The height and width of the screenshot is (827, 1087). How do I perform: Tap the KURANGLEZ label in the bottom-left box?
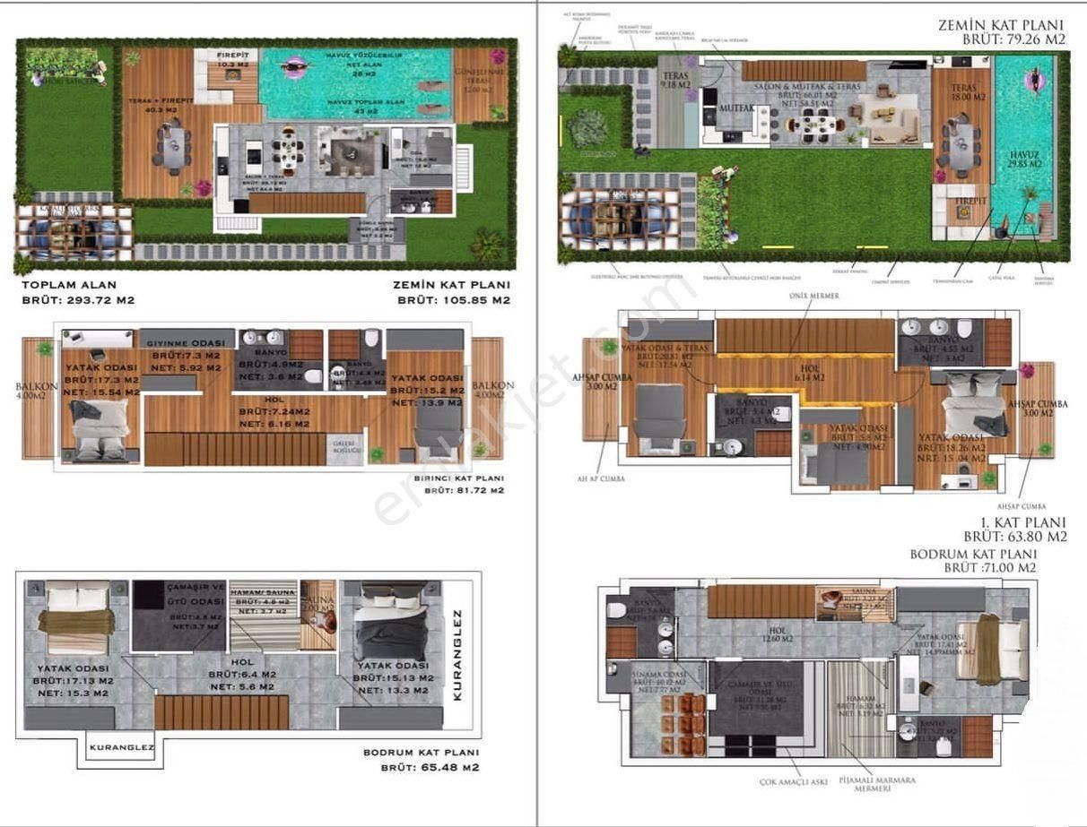[x=122, y=746]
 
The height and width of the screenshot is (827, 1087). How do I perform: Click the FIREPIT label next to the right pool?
[x=964, y=202]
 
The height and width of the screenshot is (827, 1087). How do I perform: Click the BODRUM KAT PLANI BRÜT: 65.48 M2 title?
[x=421, y=760]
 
